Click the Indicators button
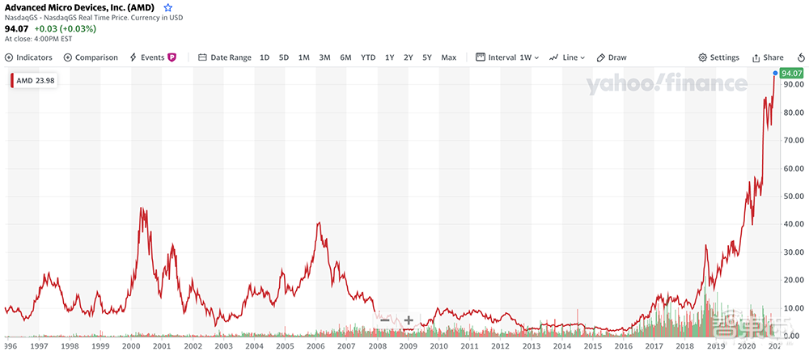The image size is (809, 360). [x=28, y=57]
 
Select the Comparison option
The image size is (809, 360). [x=91, y=57]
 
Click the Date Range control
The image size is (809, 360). [x=225, y=57]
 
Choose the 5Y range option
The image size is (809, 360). [x=427, y=57]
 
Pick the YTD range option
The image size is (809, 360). [x=368, y=57]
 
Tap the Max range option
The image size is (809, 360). [x=449, y=57]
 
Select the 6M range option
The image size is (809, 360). [x=345, y=57]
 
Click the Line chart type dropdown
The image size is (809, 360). [x=567, y=57]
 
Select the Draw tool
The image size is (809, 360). [x=612, y=57]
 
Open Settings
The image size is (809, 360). [x=718, y=57]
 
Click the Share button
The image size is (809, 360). [x=768, y=57]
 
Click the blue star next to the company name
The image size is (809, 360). [x=168, y=8]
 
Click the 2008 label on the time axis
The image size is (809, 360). [x=377, y=345]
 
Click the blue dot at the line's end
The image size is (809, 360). [x=775, y=73]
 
